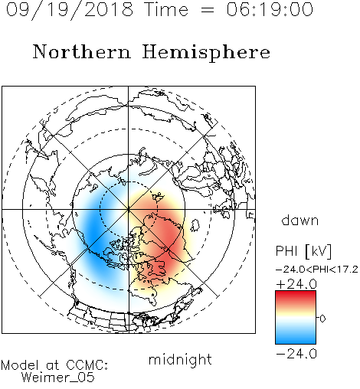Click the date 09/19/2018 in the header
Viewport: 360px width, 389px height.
70,10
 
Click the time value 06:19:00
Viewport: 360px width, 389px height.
270,9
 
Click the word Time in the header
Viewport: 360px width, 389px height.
166,9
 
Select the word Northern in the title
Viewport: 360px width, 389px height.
82,51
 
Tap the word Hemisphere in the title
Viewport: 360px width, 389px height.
206,53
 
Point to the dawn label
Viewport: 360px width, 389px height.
300,221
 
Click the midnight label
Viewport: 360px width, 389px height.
180,360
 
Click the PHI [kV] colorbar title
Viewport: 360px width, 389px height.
303,251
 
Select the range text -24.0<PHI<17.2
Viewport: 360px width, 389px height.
317,270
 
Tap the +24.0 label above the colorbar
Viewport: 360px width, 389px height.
296,284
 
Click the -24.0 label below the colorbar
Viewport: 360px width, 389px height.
296,354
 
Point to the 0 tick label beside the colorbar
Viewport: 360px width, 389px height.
322,319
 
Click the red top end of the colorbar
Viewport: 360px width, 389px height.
296,293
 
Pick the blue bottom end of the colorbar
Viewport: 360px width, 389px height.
296,342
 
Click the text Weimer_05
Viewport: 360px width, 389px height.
58,378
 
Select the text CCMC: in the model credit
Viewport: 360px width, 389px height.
87,365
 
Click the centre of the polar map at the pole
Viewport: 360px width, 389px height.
128,209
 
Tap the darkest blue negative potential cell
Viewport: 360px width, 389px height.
93,237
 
